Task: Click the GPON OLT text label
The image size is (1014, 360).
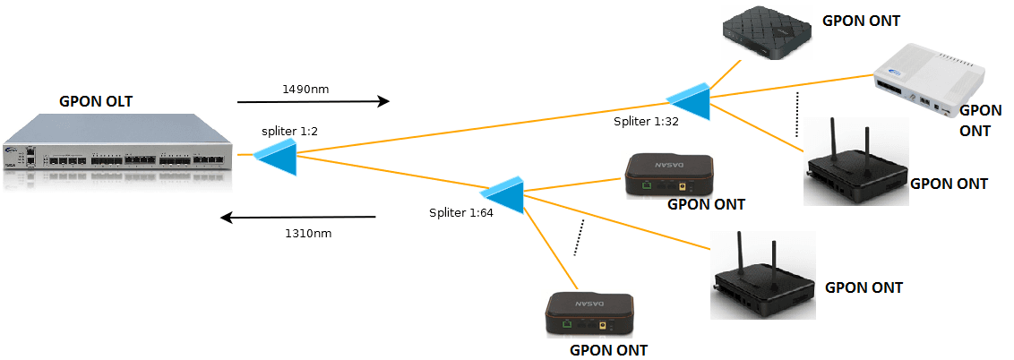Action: point(95,101)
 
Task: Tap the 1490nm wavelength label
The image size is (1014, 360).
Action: point(307,90)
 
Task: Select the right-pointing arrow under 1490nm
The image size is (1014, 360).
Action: point(313,101)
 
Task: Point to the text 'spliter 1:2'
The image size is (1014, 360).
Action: point(290,132)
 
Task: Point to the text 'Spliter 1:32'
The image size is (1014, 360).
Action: point(646,121)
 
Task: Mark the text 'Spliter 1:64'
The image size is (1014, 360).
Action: point(460,213)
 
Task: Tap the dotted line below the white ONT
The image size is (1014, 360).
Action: point(796,114)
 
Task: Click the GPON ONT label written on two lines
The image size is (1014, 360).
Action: point(980,120)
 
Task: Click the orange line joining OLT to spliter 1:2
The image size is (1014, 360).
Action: point(245,157)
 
